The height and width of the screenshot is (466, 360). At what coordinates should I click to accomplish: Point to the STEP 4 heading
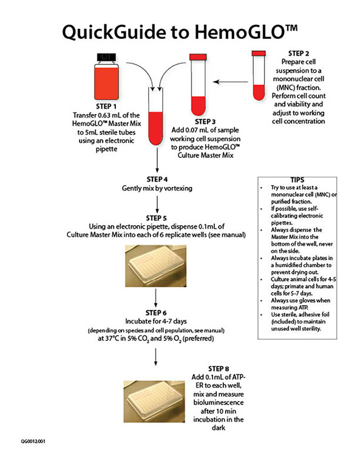click(157, 180)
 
